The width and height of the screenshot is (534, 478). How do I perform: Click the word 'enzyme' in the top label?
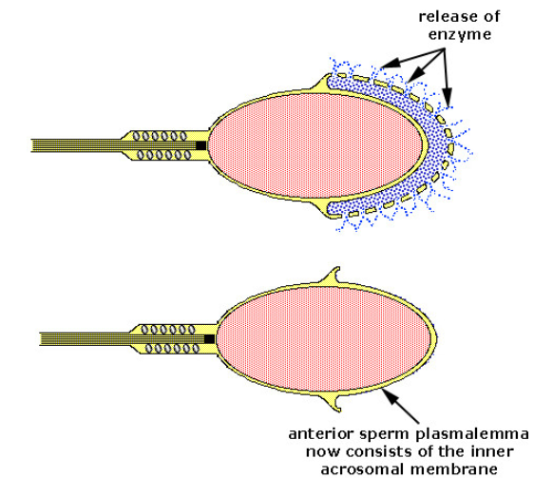(x=460, y=35)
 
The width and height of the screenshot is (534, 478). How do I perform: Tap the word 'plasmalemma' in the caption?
(x=468, y=434)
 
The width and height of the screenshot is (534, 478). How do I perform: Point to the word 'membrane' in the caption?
(x=454, y=469)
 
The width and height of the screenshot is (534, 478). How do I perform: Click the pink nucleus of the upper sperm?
(x=316, y=145)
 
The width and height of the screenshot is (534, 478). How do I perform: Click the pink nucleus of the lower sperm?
(x=324, y=338)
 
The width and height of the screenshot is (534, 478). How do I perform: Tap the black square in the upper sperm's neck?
(x=200, y=145)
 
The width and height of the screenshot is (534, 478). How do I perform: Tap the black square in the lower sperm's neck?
(x=209, y=339)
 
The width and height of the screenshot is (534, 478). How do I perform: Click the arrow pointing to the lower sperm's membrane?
(x=401, y=406)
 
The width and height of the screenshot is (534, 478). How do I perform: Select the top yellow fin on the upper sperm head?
(x=320, y=86)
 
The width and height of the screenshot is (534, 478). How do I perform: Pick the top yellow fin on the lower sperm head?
(x=330, y=277)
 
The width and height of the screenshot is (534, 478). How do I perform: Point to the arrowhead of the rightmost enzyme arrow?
(x=448, y=97)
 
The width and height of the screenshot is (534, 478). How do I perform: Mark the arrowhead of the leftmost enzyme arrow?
(x=391, y=63)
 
